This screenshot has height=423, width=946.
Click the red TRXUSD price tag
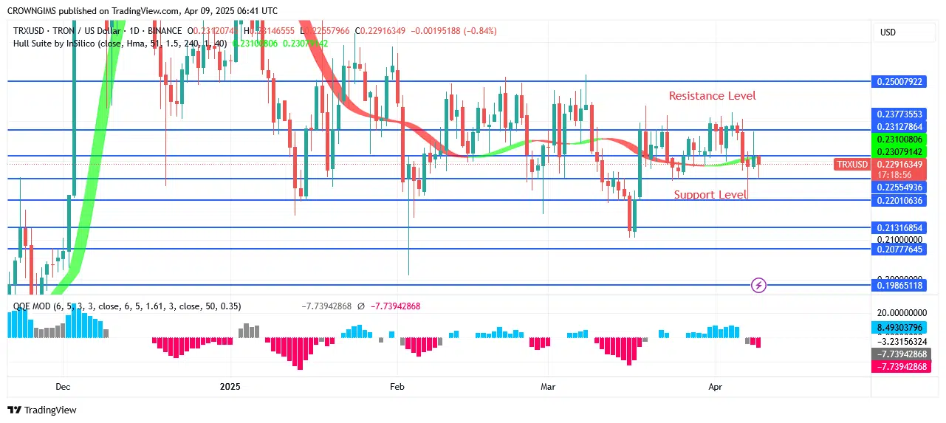851,164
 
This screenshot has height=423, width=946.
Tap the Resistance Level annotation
712,96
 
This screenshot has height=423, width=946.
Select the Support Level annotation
710,195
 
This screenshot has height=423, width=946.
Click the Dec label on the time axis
63,387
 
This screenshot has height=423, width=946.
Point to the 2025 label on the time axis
230,387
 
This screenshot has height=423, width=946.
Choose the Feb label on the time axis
397,387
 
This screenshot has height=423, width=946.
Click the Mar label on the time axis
548,387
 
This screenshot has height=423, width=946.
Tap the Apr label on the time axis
715,387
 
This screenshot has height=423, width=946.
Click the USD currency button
888,32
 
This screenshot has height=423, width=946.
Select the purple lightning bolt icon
758,285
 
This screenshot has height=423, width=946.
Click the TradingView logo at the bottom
42,410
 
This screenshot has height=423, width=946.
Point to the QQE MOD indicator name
32,306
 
